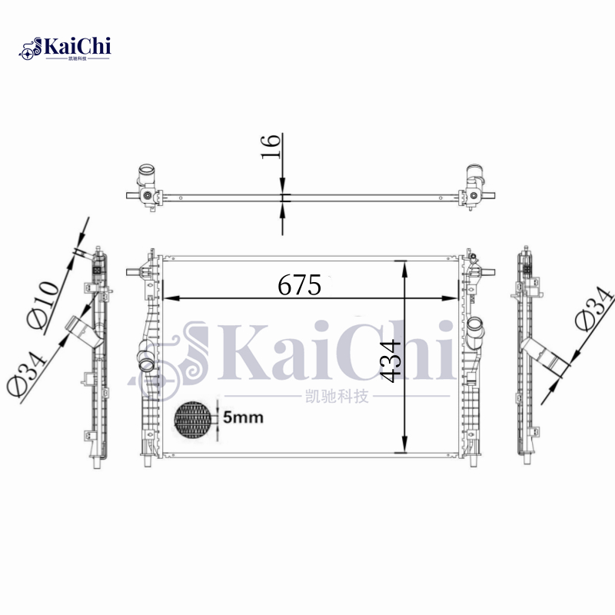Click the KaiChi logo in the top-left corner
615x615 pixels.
(65, 48)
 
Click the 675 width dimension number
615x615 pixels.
(299, 284)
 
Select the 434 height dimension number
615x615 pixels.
(391, 361)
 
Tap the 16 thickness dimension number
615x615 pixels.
(271, 147)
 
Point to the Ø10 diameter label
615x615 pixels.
(43, 304)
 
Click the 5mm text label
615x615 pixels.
(243, 417)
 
